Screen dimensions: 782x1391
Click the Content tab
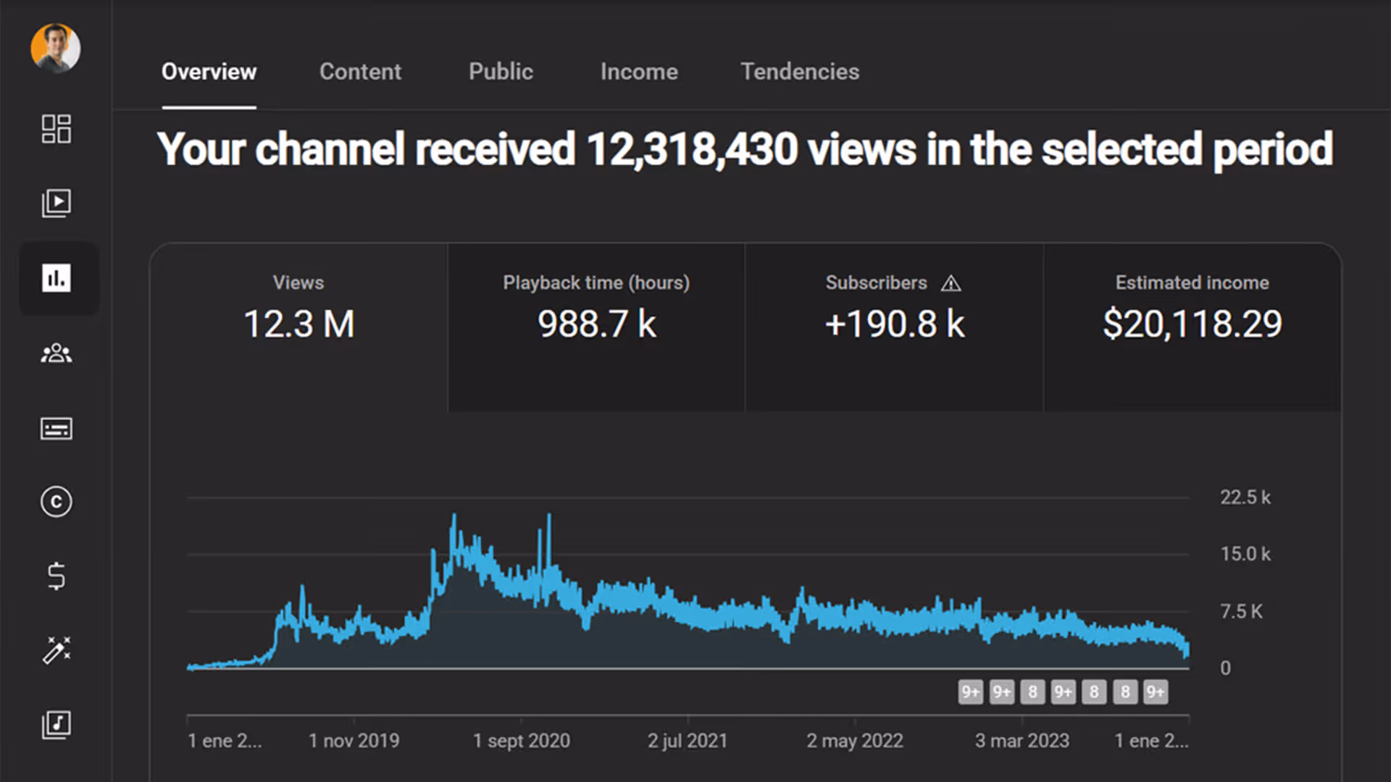tap(360, 72)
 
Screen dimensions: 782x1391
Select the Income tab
tap(639, 72)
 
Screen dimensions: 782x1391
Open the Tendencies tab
tap(800, 72)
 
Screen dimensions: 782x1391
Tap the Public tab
tap(501, 72)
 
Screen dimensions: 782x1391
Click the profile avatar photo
tap(56, 49)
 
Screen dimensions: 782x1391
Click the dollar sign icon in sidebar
tap(56, 576)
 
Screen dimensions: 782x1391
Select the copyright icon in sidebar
tap(56, 502)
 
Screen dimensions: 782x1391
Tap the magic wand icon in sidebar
tap(56, 650)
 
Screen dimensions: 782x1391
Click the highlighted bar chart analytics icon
tap(56, 278)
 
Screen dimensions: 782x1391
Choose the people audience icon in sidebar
tap(56, 353)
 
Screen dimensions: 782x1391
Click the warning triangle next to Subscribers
tap(951, 284)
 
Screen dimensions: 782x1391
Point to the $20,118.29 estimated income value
tap(1192, 324)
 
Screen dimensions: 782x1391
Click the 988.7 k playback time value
tap(596, 324)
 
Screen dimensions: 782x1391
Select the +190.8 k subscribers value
tap(894, 324)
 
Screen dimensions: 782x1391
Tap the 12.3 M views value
tap(298, 324)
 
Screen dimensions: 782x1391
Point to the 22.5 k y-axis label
tap(1245, 497)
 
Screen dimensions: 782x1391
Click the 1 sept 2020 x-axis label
tap(521, 741)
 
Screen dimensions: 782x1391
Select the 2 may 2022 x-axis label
tap(854, 741)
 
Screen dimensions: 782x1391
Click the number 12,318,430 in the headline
tap(691, 149)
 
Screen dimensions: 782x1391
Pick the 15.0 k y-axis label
tap(1245, 554)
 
